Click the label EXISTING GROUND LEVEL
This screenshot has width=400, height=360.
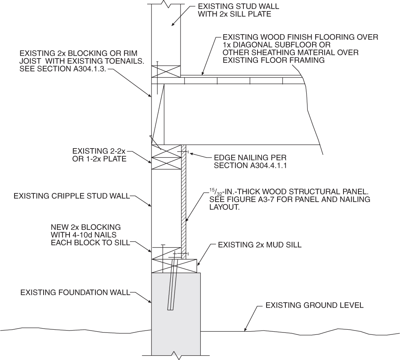(314, 305)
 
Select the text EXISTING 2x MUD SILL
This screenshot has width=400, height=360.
(259, 245)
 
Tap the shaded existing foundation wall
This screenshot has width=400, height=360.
(175, 310)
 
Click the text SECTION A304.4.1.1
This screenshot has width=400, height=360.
(250, 166)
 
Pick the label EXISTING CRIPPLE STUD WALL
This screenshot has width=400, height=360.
(71, 195)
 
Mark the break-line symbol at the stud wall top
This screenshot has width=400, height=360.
(165, 4)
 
